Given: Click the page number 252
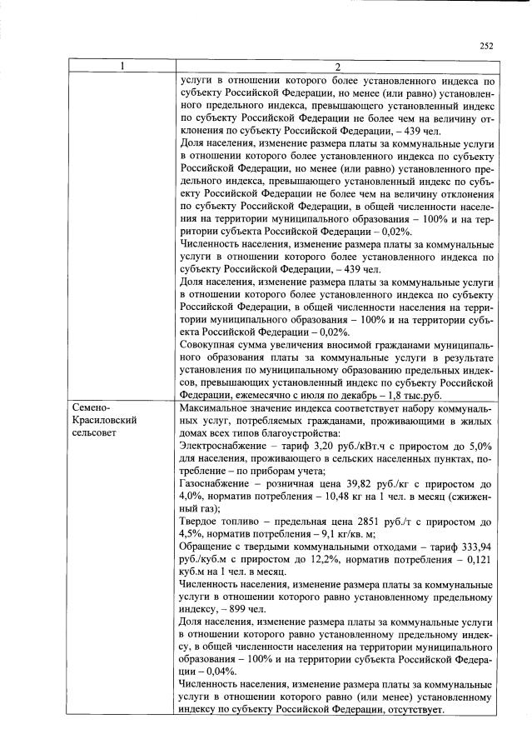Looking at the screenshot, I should point(487,47).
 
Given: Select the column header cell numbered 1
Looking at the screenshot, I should point(121,66).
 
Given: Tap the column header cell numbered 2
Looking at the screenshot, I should point(337,66).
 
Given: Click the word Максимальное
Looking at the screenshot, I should point(219,408).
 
